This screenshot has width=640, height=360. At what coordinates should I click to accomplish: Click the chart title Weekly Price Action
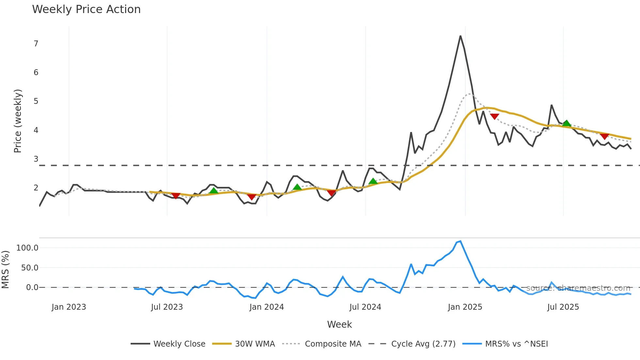pos(86,9)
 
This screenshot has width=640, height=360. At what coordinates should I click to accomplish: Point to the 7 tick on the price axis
pos(36,44)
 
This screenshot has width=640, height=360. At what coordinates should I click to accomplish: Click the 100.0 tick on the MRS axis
pos(27,248)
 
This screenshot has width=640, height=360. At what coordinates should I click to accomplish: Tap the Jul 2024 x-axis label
pos(365,307)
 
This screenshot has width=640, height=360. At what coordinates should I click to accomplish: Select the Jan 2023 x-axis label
pos(69,307)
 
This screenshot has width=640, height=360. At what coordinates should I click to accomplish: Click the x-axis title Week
pos(339,324)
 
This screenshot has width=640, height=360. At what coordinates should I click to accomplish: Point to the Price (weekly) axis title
pos(18,121)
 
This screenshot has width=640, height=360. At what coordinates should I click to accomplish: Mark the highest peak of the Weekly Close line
pos(460,36)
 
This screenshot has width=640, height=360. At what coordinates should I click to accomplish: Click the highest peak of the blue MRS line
pos(460,241)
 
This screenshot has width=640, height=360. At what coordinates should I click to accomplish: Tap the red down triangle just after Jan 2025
pos(494,117)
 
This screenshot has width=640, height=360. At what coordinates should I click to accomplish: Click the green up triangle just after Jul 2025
pos(567,123)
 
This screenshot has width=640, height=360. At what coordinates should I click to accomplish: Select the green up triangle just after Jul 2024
pos(373,181)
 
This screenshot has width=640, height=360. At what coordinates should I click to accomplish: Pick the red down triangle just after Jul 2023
pos(176,196)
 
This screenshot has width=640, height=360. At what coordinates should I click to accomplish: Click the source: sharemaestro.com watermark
pos(578,288)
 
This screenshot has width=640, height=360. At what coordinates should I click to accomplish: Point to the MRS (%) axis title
pos(6,270)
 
